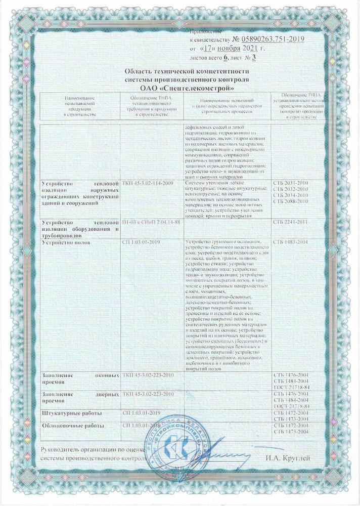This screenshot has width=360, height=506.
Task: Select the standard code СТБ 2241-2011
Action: point(290,222)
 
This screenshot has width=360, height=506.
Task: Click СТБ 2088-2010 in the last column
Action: point(290,201)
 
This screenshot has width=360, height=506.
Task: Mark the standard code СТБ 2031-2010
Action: point(290,182)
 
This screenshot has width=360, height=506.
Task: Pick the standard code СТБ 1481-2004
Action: point(290,382)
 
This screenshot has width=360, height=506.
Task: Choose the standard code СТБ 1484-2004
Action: point(290,400)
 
